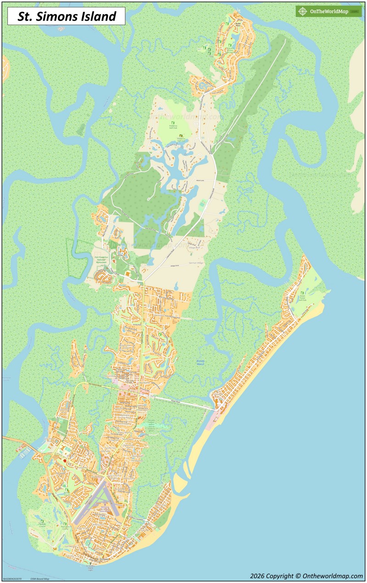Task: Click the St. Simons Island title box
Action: pyautogui.click(x=66, y=17)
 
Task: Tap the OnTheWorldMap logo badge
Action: pyautogui.click(x=328, y=11)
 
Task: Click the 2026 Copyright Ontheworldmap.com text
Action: pyautogui.click(x=306, y=576)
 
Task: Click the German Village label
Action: pyautogui.click(x=196, y=263)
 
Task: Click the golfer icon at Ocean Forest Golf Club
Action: pyautogui.click(x=301, y=293)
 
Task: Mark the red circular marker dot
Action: pyautogui.click(x=65, y=461)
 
